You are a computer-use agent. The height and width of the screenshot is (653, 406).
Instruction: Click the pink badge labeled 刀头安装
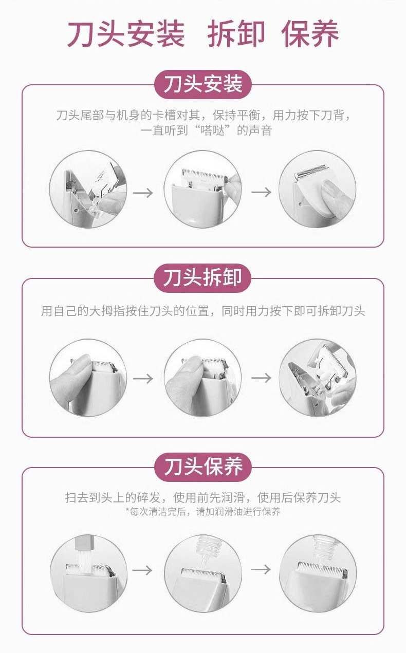point(202,84)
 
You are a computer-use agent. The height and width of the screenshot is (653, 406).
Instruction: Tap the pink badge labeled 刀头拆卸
point(202,278)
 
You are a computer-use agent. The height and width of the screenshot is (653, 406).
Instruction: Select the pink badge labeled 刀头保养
point(202,467)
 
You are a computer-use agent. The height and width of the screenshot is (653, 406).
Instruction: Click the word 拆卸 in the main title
point(236,33)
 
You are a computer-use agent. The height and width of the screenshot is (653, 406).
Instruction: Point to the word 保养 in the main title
point(310,33)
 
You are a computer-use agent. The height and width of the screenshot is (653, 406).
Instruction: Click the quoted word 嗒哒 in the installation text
point(213,130)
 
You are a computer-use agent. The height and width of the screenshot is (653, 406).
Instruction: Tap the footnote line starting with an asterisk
point(202,512)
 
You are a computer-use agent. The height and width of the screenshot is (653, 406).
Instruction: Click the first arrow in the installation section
point(143,193)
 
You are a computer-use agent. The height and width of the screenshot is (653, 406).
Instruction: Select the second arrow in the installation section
point(262,192)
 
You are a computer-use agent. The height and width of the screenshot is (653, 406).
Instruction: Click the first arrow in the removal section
point(143,379)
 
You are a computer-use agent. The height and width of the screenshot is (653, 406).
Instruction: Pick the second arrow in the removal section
point(262,378)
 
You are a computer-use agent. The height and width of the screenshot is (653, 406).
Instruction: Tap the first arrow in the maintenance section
point(142,570)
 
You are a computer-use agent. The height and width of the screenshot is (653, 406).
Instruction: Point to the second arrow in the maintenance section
point(261,569)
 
